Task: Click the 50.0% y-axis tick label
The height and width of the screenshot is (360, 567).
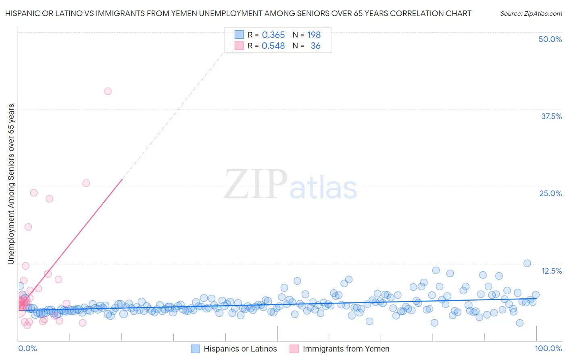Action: tap(550, 39)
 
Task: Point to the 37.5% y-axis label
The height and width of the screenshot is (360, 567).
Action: tap(551, 116)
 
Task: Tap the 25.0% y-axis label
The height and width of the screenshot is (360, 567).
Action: tap(550, 193)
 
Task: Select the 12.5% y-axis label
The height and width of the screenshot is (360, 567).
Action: tap(551, 271)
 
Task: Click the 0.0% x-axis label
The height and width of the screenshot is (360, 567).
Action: tap(27, 348)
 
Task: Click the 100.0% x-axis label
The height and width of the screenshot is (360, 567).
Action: tap(548, 348)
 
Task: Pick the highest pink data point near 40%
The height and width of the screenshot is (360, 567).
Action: tap(108, 91)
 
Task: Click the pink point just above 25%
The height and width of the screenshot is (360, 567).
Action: tap(86, 183)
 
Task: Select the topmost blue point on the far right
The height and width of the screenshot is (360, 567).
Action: tap(527, 263)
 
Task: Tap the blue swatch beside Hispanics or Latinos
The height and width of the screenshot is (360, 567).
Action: tap(196, 349)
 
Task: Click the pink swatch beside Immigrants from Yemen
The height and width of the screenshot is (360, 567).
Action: tap(294, 349)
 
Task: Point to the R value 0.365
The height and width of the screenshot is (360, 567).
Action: tap(273, 35)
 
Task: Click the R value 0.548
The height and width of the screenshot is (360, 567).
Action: tap(273, 46)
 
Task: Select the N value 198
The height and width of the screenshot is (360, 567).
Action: tap(314, 35)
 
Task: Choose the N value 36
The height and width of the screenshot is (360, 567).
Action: tap(315, 46)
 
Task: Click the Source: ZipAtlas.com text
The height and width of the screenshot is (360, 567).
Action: tap(531, 13)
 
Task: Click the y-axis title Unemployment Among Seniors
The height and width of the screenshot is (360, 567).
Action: tap(11, 184)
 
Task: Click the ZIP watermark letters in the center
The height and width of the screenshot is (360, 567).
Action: tap(255, 184)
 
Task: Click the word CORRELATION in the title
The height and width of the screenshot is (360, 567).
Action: tap(417, 13)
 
